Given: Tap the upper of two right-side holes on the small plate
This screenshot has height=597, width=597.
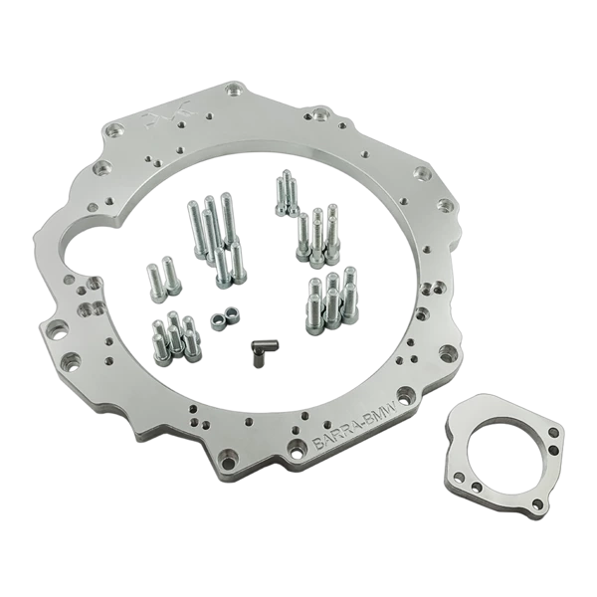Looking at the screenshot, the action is point(554,434).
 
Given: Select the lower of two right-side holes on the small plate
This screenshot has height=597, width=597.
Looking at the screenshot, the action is point(553,452).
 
